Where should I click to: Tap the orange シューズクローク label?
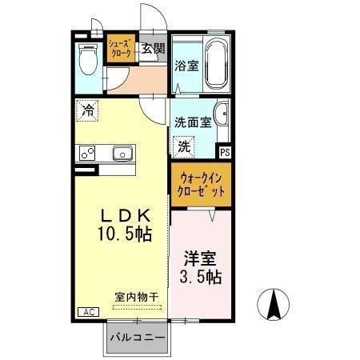pyautogui.click(x=121, y=49)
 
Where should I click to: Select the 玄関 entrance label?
pyautogui.click(x=153, y=47)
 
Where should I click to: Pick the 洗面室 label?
pyautogui.click(x=192, y=122)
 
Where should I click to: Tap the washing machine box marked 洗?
pyautogui.click(x=184, y=146)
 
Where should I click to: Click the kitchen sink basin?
pyautogui.click(x=124, y=153)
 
